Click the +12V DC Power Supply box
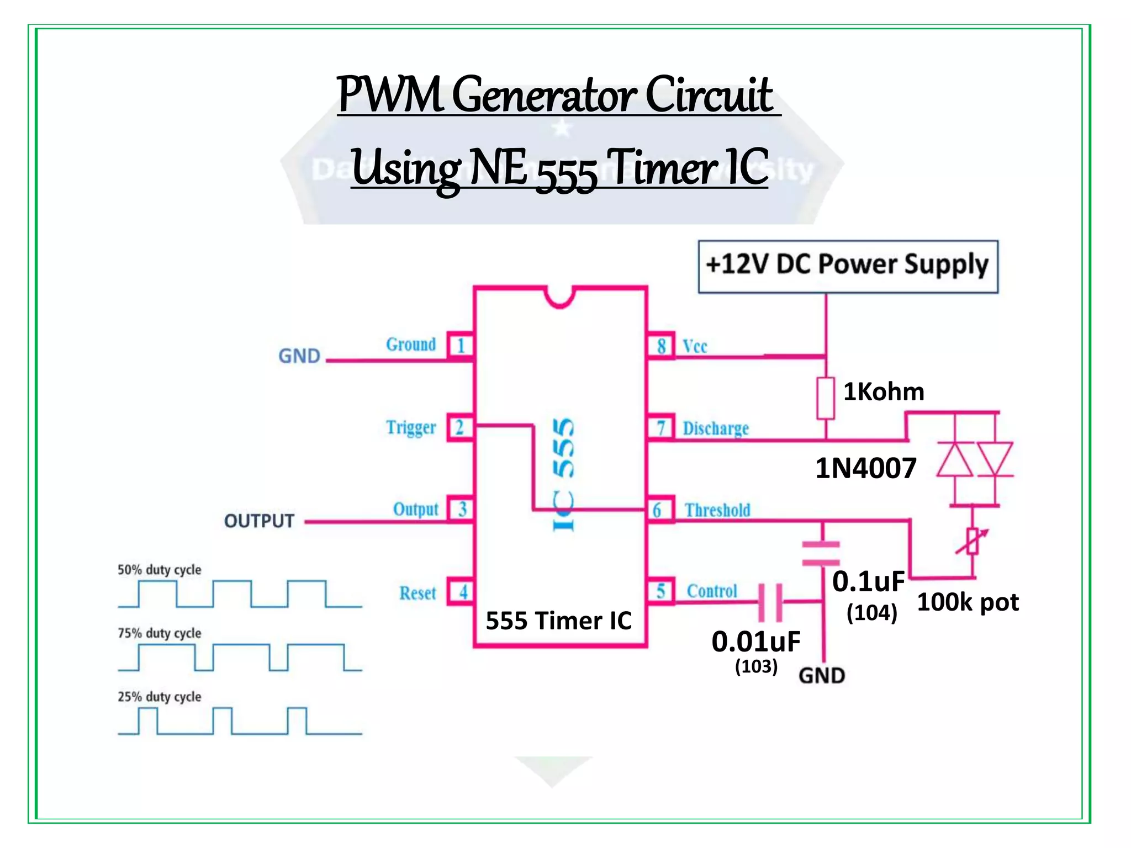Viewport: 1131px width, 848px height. pyautogui.click(x=848, y=266)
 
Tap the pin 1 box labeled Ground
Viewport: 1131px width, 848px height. pyautogui.click(x=460, y=346)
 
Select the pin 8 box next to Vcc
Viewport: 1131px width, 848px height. pyautogui.click(x=660, y=346)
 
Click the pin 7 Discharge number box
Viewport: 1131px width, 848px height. pyautogui.click(x=660, y=427)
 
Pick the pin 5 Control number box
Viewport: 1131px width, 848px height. pyautogui.click(x=660, y=591)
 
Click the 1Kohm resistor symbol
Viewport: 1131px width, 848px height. pyautogui.click(x=826, y=398)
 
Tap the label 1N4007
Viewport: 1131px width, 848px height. pyautogui.click(x=865, y=468)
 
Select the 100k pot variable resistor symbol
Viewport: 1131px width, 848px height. pyautogui.click(x=973, y=542)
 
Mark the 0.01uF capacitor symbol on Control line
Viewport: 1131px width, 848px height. pyautogui.click(x=770, y=602)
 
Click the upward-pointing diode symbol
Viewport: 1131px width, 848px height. pyautogui.click(x=955, y=459)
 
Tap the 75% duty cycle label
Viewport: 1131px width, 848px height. pyautogui.click(x=159, y=633)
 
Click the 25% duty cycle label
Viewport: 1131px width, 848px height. pyautogui.click(x=159, y=697)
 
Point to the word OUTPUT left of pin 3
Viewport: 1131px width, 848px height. pyautogui.click(x=259, y=521)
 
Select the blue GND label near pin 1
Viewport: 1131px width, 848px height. pyautogui.click(x=299, y=356)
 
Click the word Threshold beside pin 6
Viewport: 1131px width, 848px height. pyautogui.click(x=717, y=510)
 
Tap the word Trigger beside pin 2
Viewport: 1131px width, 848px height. pyautogui.click(x=411, y=428)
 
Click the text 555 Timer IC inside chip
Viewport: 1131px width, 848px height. pyautogui.click(x=558, y=621)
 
